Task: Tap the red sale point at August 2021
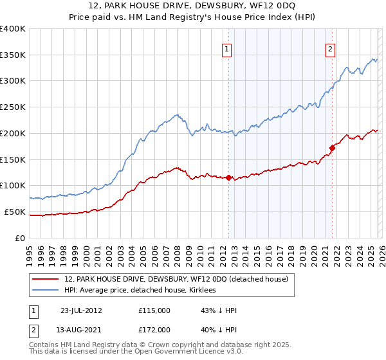pos(332,147)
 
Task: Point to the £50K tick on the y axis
pos(15,212)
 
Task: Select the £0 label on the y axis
pos(21,238)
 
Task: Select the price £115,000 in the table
pos(154,310)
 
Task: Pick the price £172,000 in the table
pos(154,330)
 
